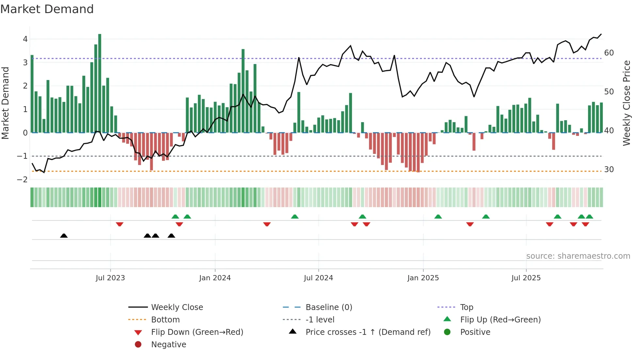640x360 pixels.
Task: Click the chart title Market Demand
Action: [47, 9]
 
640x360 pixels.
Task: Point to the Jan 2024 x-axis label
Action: [215, 278]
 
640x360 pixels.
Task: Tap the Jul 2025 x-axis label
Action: [526, 278]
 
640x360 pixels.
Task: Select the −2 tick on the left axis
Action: [22, 179]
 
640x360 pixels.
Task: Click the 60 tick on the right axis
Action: [609, 53]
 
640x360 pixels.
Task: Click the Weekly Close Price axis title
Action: [626, 103]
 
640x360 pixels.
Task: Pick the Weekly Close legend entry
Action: [177, 307]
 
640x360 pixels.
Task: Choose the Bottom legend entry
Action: [165, 319]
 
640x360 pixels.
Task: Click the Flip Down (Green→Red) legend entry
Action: [197, 332]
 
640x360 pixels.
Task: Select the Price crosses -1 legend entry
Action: [368, 332]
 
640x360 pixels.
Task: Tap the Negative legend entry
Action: [168, 344]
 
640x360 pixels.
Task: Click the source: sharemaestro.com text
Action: [578, 256]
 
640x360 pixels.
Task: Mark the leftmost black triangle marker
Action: [64, 236]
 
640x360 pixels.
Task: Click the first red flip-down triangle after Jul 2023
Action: [120, 224]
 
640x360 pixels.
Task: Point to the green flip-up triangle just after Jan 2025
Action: [438, 217]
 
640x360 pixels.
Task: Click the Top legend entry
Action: [466, 307]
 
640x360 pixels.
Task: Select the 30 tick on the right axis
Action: [609, 169]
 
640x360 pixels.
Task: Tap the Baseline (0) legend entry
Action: [328, 307]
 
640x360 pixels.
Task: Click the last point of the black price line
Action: [601, 34]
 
